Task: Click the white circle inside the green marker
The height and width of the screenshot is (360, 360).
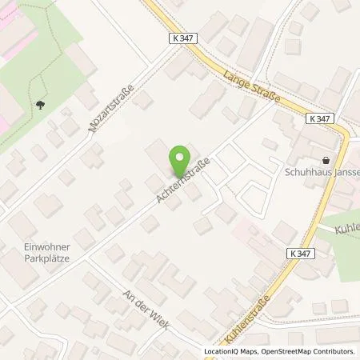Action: (181, 157)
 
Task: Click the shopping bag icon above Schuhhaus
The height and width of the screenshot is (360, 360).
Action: (325, 160)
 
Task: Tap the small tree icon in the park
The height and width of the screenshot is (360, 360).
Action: (40, 104)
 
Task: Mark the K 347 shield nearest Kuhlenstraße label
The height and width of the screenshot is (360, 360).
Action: (298, 254)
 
